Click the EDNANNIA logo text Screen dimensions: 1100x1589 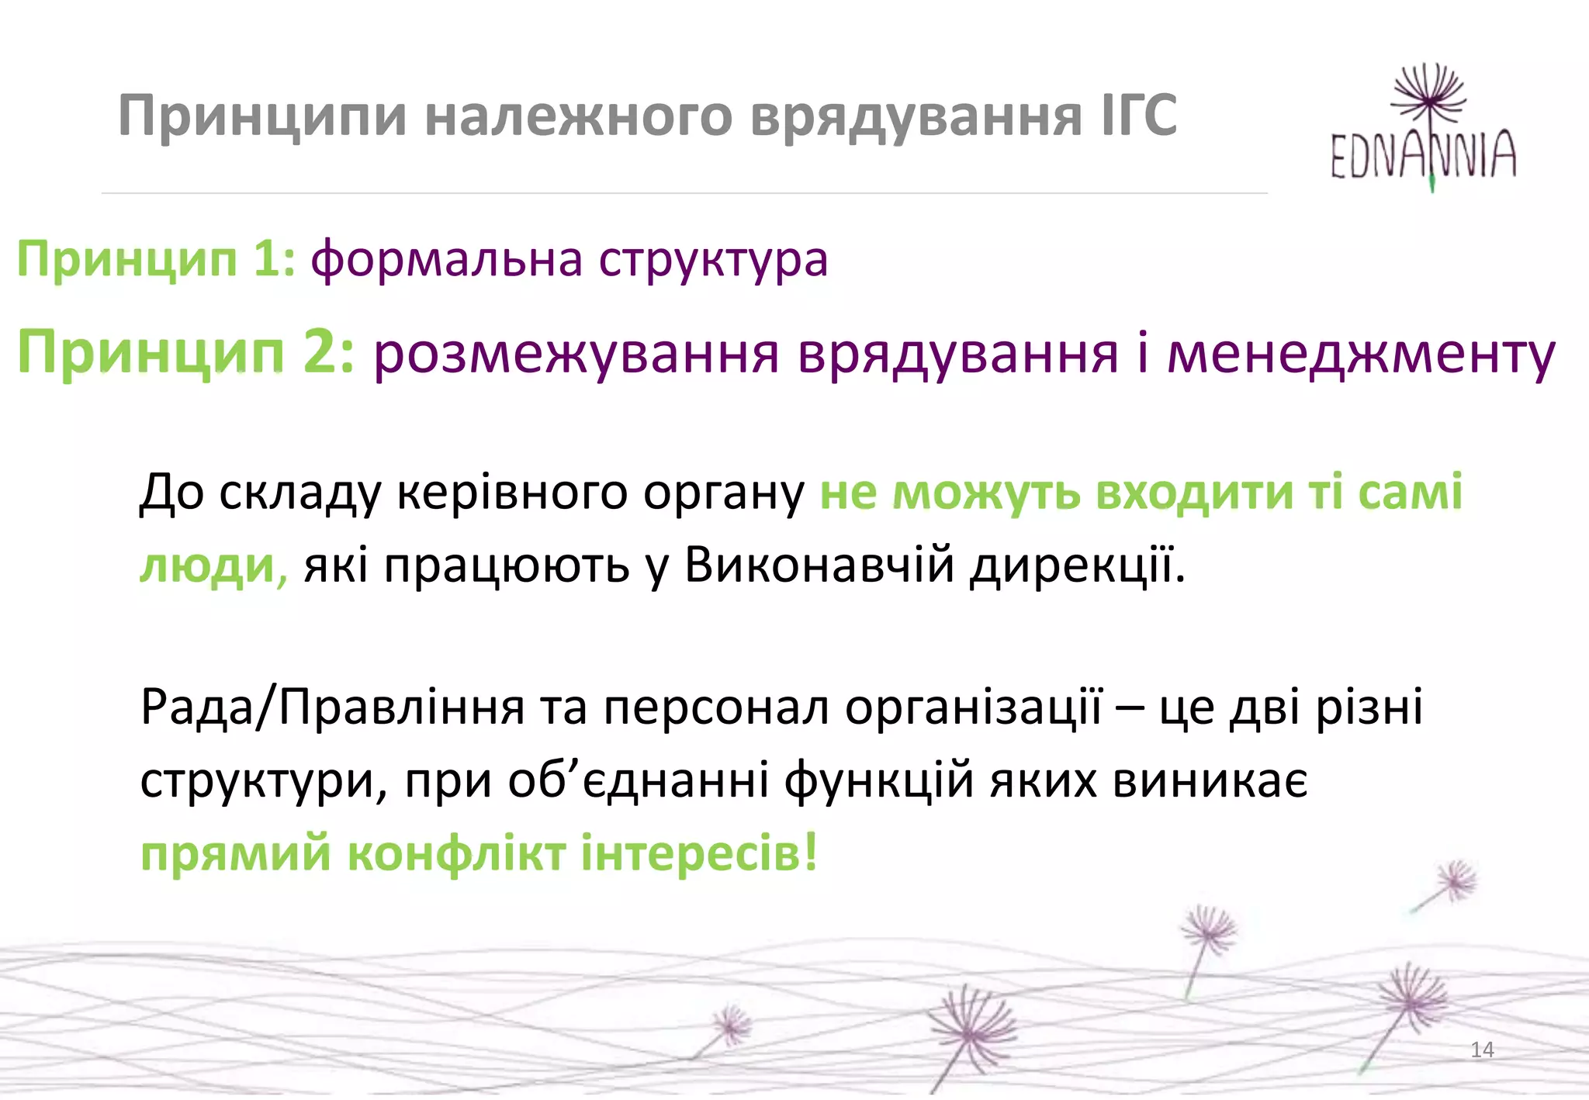(1423, 154)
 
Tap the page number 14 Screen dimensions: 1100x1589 (1482, 1050)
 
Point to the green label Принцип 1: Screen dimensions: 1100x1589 (156, 258)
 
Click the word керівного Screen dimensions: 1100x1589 (512, 492)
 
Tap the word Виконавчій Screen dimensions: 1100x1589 (819, 565)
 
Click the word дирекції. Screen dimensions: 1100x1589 (1078, 565)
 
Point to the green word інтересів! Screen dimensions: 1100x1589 (699, 853)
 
